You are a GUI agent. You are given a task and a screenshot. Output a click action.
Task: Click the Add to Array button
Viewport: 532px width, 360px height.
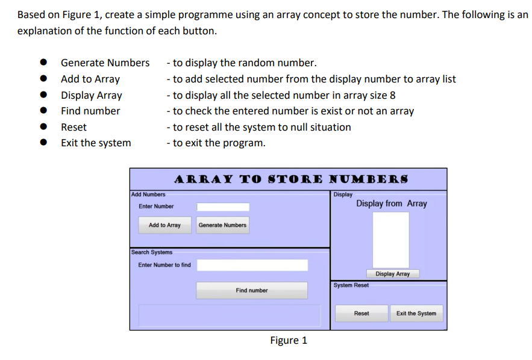coord(164,225)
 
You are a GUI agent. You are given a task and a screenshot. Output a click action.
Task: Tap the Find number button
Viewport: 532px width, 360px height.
coord(251,290)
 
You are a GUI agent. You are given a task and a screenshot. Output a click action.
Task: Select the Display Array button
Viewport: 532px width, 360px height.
coord(392,274)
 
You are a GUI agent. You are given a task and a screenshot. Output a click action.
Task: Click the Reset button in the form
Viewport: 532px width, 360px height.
coord(361,314)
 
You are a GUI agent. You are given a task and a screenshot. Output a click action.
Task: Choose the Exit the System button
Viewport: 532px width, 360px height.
coord(416,314)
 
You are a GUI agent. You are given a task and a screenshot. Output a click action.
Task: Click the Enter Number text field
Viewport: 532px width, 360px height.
coord(222,207)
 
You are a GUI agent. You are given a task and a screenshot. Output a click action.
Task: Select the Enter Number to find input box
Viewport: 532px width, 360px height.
coord(252,265)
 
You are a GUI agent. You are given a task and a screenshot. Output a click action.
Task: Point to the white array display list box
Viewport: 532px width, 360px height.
coord(390,240)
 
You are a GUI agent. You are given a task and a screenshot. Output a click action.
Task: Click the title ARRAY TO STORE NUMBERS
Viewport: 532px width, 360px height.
coord(291,179)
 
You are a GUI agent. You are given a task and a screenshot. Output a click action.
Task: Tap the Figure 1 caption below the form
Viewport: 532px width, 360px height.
coord(289,341)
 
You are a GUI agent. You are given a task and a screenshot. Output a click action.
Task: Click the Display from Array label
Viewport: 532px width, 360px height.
coord(391,203)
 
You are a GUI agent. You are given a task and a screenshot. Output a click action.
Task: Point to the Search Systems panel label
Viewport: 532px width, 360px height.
coord(151,252)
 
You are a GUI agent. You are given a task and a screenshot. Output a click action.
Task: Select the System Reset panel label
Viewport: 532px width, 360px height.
coord(351,285)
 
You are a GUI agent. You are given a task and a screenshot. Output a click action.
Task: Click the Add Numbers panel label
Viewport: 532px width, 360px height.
coord(148,194)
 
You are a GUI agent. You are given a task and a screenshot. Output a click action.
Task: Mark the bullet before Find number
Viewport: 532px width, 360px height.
coord(44,111)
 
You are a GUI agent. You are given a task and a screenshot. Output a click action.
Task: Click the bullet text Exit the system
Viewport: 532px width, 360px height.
coord(96,143)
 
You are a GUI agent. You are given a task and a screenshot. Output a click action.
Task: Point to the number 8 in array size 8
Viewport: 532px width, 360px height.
coord(392,95)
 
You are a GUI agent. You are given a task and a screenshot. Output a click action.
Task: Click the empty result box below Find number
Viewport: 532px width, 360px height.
coord(230,315)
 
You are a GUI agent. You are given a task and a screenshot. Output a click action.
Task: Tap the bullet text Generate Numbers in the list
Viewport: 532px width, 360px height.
coord(105,63)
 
